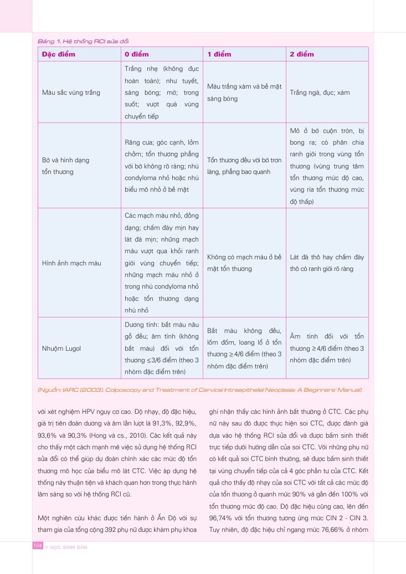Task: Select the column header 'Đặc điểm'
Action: [59, 54]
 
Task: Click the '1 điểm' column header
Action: [219, 54]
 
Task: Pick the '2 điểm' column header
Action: [302, 54]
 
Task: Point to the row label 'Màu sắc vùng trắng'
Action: [71, 93]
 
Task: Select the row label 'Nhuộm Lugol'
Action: [61, 348]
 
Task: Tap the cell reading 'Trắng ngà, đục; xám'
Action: [320, 93]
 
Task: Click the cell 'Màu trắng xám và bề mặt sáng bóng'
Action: [244, 93]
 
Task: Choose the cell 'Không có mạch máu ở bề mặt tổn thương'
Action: [244, 263]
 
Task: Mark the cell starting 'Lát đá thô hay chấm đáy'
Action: [327, 263]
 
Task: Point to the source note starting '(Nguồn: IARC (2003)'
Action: [199, 390]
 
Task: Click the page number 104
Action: [38, 546]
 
